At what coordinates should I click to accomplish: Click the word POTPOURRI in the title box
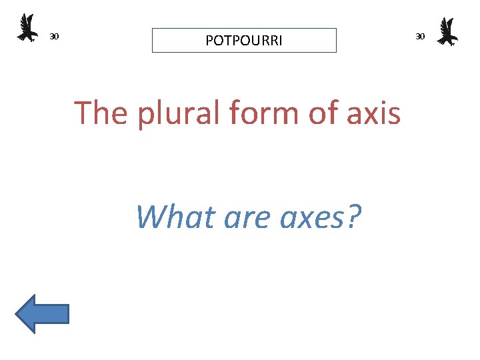(244, 41)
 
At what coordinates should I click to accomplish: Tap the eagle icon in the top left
(27, 28)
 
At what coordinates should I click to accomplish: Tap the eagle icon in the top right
(447, 31)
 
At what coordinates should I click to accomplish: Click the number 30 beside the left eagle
(55, 36)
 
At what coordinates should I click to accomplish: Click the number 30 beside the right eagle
(420, 36)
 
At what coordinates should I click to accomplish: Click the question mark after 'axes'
(354, 216)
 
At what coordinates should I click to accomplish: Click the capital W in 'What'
(151, 216)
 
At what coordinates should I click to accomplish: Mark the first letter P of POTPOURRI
(209, 41)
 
